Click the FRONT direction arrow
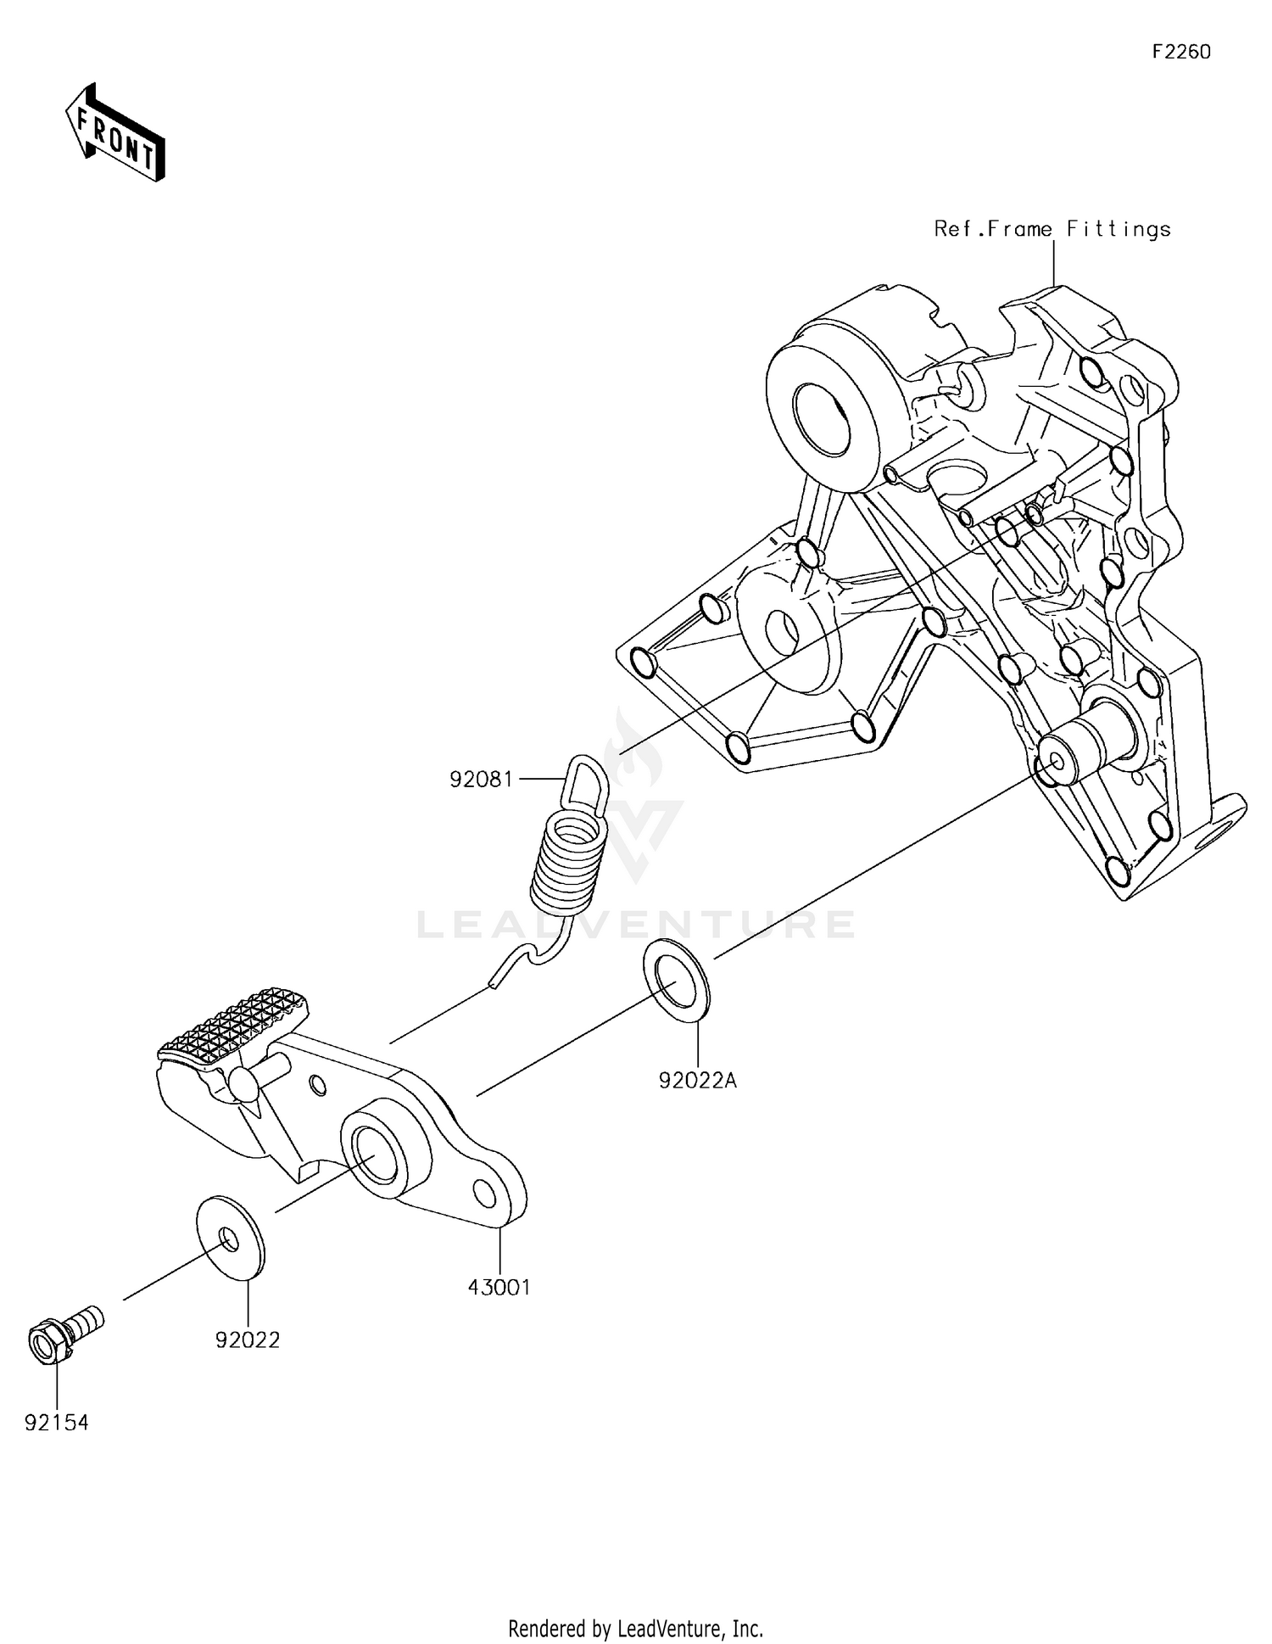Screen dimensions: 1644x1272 115,134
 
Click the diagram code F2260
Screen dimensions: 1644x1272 1180,53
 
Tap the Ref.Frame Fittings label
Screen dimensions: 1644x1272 1052,229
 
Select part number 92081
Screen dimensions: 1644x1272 481,779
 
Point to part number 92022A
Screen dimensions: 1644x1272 697,1081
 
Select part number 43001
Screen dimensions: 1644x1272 499,1287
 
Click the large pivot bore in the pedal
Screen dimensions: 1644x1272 375,1154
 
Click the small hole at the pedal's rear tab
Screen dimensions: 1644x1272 485,1193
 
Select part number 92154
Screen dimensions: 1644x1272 56,1423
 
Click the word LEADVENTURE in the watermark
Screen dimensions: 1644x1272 636,925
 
